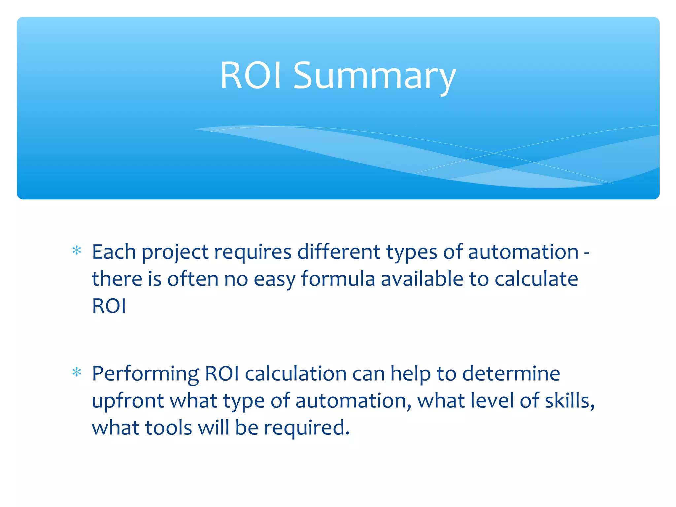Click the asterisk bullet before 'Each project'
point(77,251)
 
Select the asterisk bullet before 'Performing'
point(77,373)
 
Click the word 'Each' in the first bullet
point(114,252)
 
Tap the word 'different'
point(339,252)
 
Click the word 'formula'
point(338,279)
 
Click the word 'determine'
point(511,374)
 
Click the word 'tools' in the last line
point(168,428)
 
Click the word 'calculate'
point(536,279)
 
